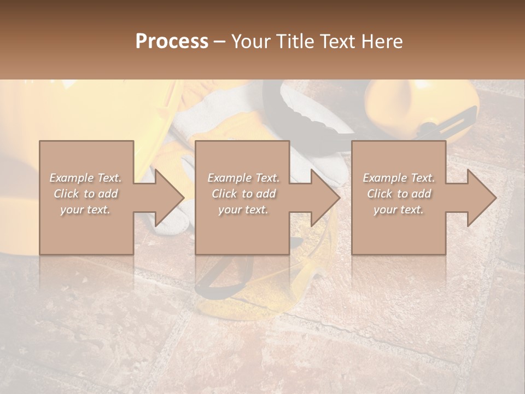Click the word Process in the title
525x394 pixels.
pos(172,42)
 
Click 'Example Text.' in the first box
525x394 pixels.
pos(86,178)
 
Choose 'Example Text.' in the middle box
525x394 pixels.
pos(243,178)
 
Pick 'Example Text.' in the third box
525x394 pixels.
pos(399,178)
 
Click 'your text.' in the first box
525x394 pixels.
pos(86,210)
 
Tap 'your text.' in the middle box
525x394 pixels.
pos(243,210)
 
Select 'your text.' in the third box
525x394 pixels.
pos(399,210)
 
